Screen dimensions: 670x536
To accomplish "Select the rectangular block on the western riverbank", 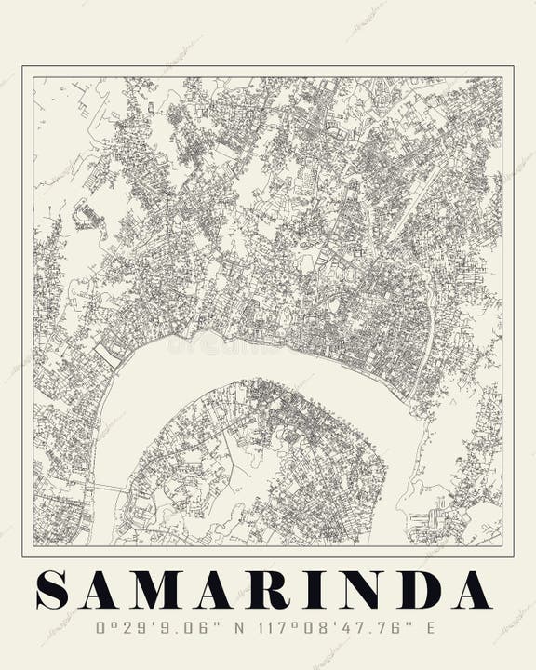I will click(x=108, y=353).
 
